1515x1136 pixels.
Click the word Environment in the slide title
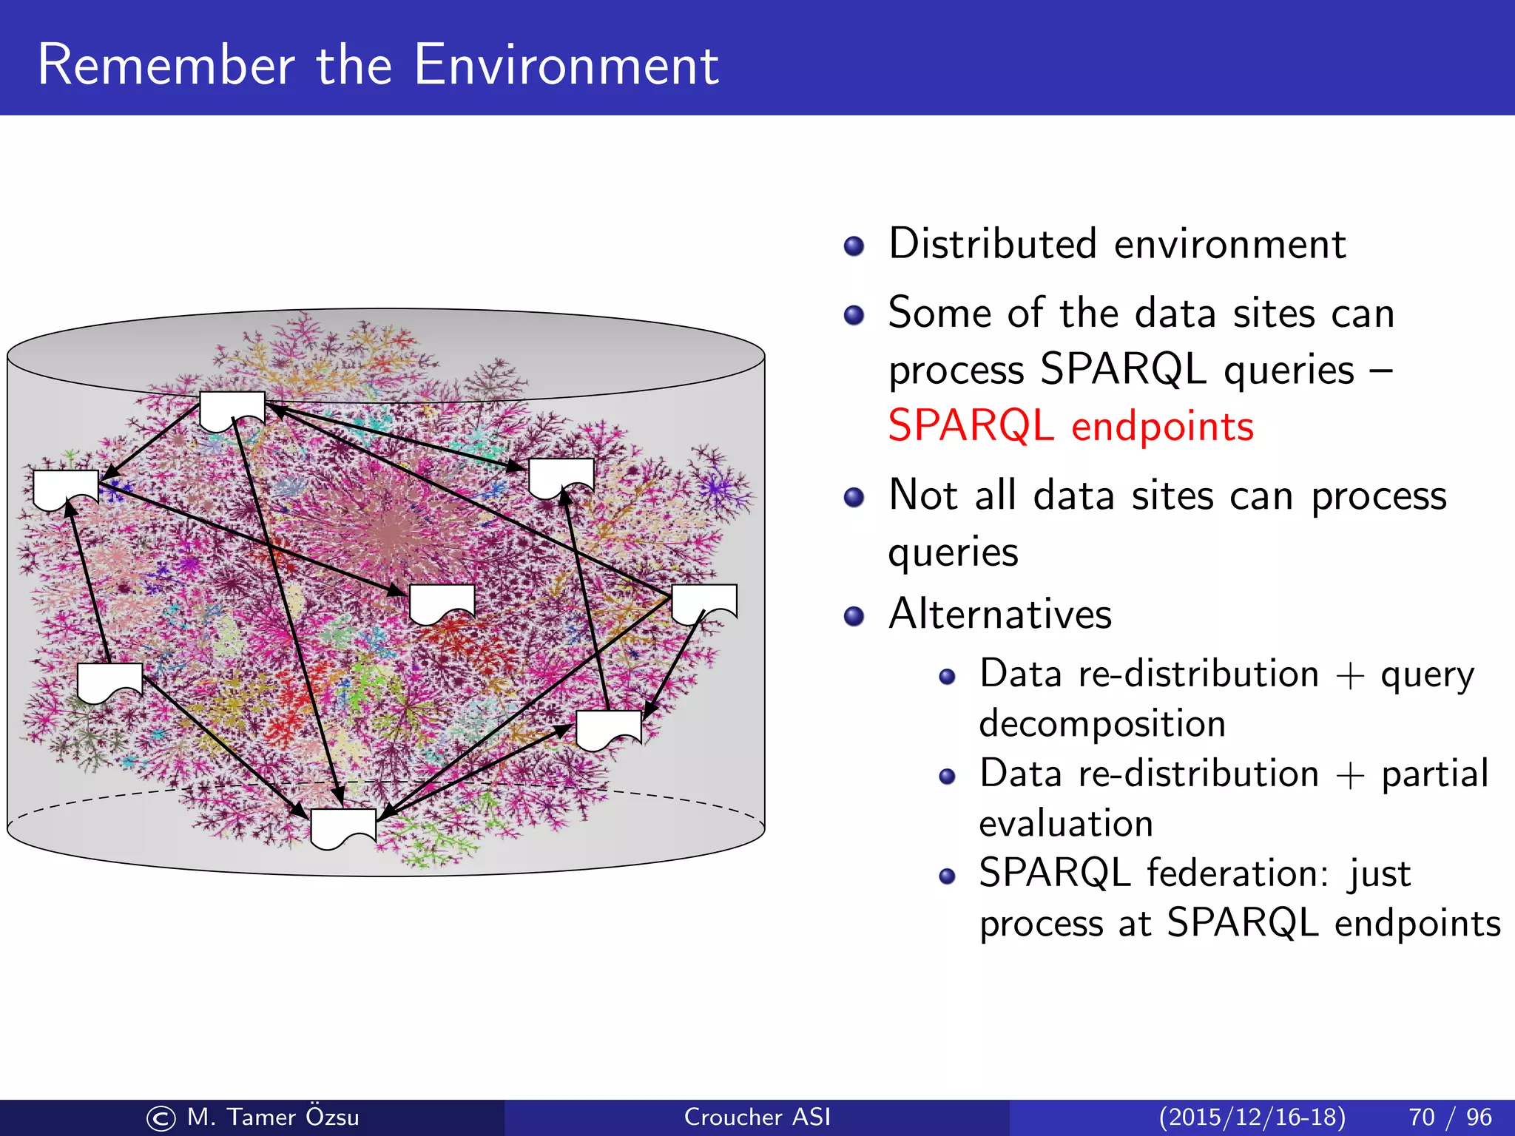566,65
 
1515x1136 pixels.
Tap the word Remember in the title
166,65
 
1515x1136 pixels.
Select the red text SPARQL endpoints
1070,426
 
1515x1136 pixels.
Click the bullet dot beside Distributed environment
854,246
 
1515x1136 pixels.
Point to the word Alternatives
1000,614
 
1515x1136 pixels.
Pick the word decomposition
1102,723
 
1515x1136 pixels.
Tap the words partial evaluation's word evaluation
1066,824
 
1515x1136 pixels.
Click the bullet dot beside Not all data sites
854,497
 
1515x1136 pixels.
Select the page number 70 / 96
1450,1117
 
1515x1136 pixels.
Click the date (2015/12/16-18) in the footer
1252,1117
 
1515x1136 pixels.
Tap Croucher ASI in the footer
757,1117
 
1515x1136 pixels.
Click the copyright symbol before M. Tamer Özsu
161,1118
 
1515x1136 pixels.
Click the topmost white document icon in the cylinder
232,410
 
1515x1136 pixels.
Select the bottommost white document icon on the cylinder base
343,828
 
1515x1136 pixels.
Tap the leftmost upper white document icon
66,489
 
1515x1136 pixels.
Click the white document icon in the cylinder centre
442,603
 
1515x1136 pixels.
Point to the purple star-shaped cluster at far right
715,487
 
